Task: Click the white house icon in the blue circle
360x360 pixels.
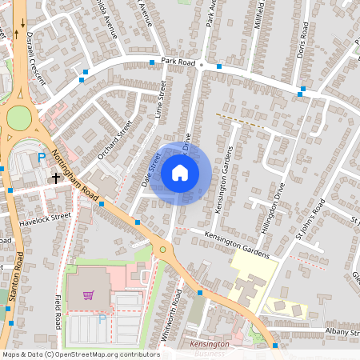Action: point(180,173)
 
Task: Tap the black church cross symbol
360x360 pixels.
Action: point(56,177)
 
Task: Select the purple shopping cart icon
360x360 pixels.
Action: point(88,295)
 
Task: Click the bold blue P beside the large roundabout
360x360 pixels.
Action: point(42,158)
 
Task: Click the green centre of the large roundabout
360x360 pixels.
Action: point(19,120)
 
